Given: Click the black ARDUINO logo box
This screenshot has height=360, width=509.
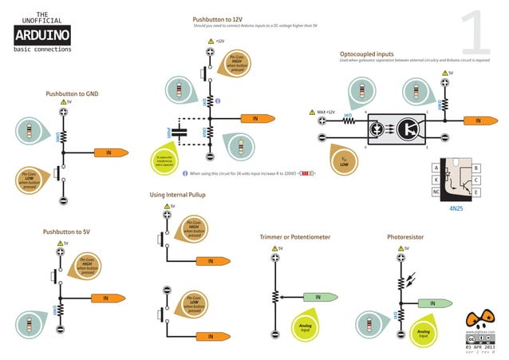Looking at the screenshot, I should pos(41,35).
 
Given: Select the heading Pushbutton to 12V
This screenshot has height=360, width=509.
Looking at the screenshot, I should pos(218,19).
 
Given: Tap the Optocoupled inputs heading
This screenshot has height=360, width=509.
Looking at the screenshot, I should pos(366,53).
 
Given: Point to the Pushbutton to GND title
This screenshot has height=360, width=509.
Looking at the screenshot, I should pos(73,93).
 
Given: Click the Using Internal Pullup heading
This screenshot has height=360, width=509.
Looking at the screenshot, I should pos(178,195).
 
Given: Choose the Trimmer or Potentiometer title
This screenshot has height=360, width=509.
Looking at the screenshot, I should pos(294,237).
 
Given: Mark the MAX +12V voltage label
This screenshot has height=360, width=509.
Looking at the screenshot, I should pos(326,112).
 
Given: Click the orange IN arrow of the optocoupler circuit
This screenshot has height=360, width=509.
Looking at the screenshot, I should pos(477,121).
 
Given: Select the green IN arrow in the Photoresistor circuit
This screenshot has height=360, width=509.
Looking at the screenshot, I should pos(432,303).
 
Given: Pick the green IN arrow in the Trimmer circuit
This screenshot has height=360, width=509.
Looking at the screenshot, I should pos(317,297).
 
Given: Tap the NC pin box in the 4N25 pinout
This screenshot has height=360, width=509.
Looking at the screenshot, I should pos(436,192).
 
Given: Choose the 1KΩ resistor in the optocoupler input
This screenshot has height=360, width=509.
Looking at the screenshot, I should pos(348,121).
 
